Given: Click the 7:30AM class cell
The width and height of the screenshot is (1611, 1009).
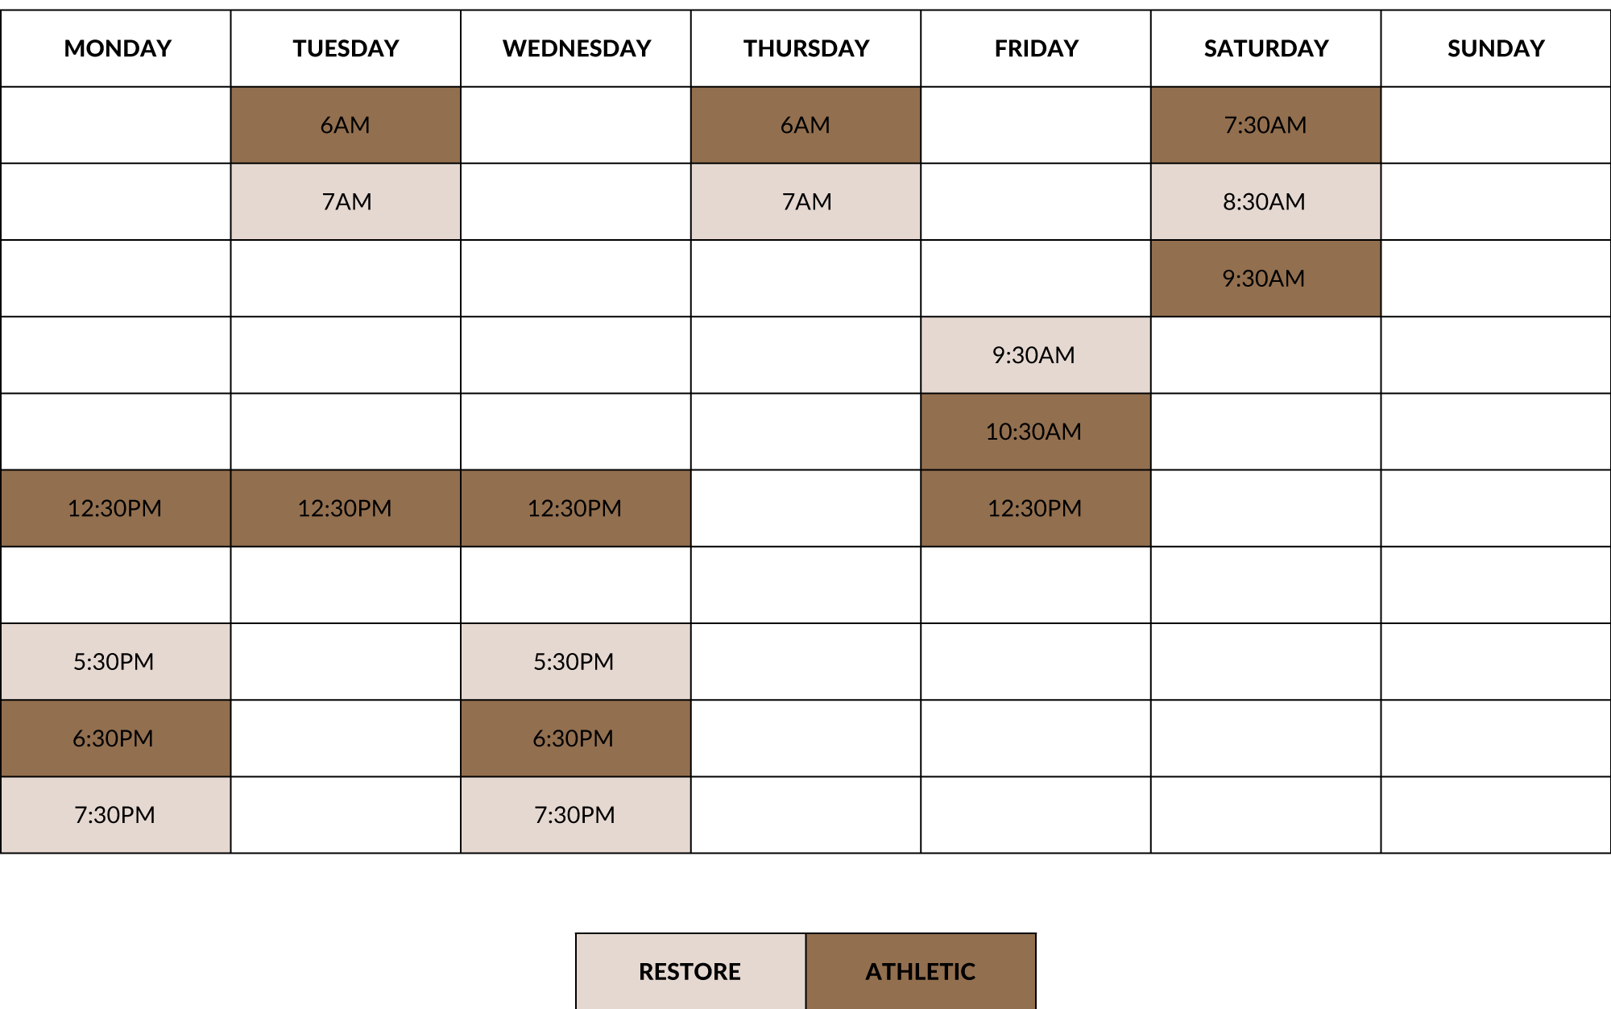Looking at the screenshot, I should [1265, 125].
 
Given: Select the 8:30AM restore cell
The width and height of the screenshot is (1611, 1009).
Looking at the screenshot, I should [1265, 201].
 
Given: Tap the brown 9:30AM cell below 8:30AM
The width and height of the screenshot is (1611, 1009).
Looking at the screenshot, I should [1265, 278].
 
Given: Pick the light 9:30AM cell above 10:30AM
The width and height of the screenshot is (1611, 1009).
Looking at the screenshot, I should [1035, 355].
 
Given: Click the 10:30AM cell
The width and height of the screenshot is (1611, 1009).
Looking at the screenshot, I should [1035, 432].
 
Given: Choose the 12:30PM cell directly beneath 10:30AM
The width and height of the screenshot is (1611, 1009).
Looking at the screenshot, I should [1035, 508].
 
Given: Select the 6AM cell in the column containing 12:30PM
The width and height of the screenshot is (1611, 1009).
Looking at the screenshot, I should [346, 125].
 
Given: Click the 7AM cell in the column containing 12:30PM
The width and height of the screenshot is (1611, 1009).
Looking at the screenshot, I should [346, 201].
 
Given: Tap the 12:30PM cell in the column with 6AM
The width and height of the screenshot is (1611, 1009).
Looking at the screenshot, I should [346, 508].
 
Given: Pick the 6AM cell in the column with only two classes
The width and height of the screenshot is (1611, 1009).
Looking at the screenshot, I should [805, 125].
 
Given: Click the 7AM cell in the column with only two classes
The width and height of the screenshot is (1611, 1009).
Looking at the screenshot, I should [805, 201].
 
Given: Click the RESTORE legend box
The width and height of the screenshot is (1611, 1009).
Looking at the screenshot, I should [690, 971].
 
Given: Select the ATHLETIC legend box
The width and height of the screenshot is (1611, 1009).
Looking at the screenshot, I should [921, 971].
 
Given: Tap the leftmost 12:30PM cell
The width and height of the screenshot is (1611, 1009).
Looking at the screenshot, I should [115, 508].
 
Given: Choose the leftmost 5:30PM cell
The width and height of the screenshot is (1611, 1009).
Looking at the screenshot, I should [115, 661].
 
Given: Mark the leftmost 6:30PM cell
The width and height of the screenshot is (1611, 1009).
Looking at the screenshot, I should [115, 738].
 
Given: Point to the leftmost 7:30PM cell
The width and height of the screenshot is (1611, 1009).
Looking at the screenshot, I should [115, 814].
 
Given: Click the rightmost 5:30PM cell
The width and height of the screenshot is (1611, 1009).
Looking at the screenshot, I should [575, 661].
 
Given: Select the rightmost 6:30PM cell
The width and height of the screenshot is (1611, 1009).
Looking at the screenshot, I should [575, 738].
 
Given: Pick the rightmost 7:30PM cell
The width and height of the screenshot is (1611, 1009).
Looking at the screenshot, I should [575, 814].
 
